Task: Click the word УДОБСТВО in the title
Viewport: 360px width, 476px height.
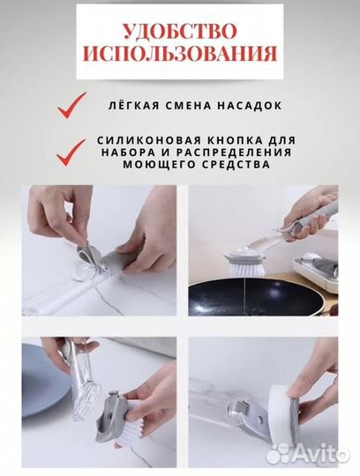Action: click(x=180, y=30)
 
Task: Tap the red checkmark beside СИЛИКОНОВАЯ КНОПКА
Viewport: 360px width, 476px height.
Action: click(x=71, y=152)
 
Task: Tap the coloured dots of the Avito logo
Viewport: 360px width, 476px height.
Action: click(x=281, y=452)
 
